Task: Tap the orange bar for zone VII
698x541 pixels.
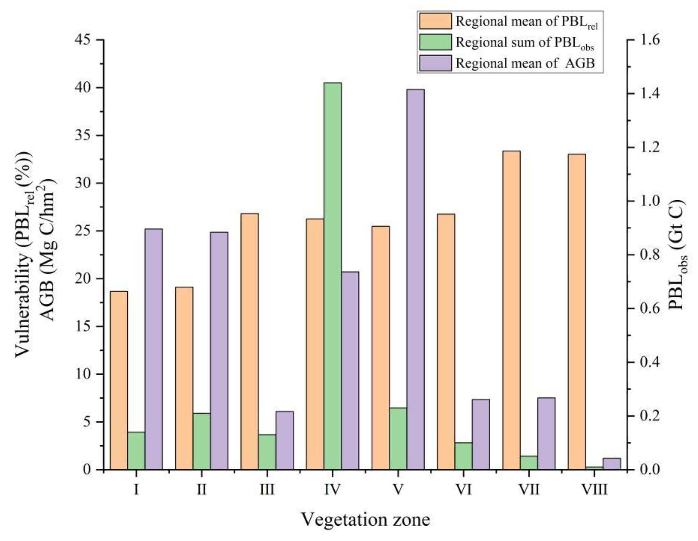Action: tap(512, 310)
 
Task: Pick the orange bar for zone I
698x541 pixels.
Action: tap(119, 380)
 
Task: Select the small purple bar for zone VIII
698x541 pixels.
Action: tap(611, 464)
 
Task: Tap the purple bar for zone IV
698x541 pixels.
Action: tap(350, 371)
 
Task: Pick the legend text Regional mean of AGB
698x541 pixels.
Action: tap(525, 63)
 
